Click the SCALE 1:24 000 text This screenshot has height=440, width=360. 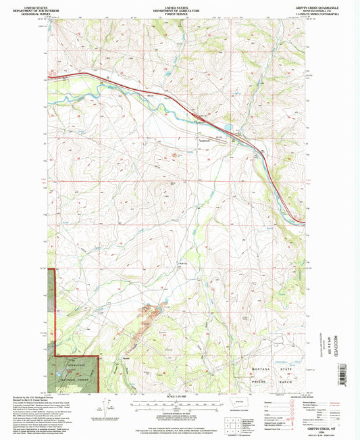pos(179,396)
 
